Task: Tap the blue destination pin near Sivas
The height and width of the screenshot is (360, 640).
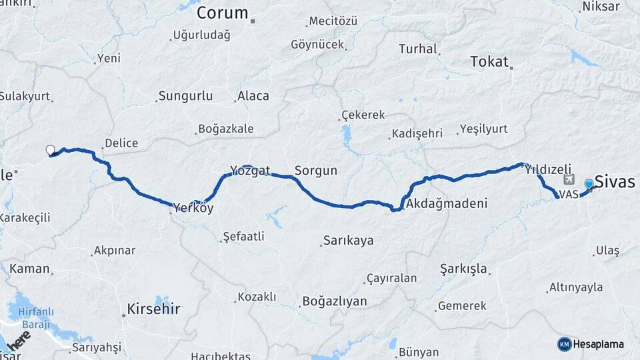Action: [589, 185]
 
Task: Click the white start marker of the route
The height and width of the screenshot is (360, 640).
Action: [50, 150]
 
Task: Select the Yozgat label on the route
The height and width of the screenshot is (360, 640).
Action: [250, 171]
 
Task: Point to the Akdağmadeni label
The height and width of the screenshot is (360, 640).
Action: [447, 203]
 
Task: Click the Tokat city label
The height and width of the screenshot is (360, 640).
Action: [489, 61]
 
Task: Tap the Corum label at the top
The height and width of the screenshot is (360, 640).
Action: [223, 13]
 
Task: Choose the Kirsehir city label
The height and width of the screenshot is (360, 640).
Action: [152, 308]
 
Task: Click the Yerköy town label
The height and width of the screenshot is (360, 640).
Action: [193, 208]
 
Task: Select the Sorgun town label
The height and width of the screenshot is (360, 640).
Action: [316, 171]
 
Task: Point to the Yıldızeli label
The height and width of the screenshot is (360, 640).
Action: [549, 170]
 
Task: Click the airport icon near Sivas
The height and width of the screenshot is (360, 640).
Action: [569, 179]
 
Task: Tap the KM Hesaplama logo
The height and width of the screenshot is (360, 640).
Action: [591, 344]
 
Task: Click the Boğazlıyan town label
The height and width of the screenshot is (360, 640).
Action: [335, 301]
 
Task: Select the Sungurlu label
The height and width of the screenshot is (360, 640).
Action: [185, 96]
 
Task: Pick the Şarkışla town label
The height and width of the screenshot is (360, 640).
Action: [464, 269]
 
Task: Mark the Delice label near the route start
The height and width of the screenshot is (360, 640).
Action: [121, 143]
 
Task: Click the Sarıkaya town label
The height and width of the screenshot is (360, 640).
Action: [348, 240]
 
